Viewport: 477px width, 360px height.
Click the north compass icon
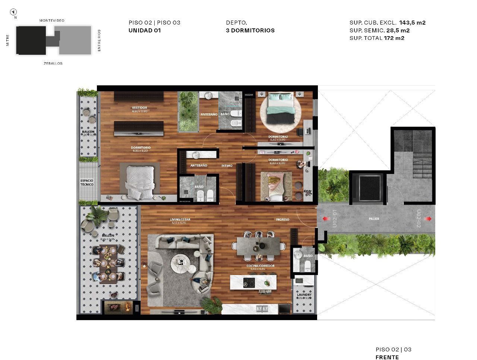14,12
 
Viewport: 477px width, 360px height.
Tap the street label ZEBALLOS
53,63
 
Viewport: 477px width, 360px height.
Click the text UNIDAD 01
145,31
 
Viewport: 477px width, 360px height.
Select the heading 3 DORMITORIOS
250,31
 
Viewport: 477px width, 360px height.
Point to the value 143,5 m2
412,22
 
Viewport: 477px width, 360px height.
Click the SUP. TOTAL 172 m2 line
377,38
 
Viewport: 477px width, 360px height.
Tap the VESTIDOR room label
139,108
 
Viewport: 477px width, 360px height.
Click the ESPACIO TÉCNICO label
87,183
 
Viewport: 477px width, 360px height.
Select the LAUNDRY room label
304,295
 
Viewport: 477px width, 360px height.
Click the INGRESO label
282,220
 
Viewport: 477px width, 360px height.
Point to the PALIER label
374,219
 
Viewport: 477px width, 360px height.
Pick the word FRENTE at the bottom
387,357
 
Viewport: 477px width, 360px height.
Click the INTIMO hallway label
227,165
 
